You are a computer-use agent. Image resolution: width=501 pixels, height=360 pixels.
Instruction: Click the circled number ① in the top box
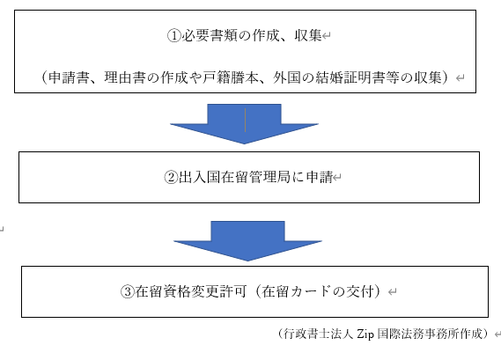(x=174, y=35)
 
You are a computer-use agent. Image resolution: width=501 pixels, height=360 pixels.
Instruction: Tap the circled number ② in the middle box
(x=171, y=177)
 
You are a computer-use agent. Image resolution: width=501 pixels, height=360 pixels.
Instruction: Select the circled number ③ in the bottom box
(x=127, y=291)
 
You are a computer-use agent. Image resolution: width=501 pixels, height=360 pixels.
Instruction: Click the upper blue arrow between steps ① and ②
(x=245, y=123)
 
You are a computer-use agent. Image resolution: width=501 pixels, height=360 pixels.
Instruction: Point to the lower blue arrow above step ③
(x=248, y=241)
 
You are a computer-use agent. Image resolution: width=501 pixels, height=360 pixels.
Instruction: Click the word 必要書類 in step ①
(x=210, y=35)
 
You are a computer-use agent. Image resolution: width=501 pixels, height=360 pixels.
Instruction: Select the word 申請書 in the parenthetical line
(x=69, y=77)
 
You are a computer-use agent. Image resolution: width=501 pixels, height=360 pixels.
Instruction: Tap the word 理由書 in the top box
(x=125, y=77)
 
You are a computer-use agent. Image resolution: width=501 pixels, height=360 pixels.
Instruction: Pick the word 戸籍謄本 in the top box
(x=231, y=77)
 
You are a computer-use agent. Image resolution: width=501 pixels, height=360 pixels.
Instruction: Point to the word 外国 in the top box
(x=287, y=77)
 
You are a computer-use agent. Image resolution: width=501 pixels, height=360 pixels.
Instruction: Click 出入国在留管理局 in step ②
(x=234, y=177)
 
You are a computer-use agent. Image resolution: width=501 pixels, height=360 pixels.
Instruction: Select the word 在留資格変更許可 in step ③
(x=191, y=291)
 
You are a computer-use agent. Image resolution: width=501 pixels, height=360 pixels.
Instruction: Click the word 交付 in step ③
(x=360, y=291)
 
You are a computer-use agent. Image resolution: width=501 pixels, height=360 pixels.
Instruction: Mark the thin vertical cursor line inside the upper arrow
(x=245, y=120)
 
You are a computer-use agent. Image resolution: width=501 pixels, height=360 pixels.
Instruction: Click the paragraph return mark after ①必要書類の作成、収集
(x=327, y=36)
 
